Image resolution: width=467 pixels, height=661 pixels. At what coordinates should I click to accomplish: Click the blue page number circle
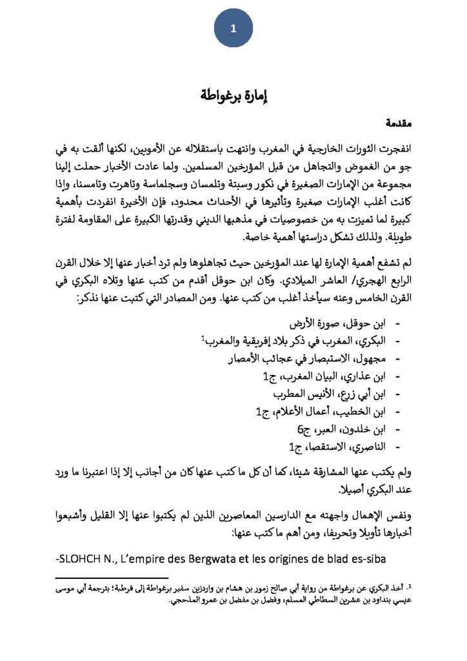point(233,29)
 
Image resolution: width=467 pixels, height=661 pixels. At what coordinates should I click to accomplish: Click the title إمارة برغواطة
point(234,96)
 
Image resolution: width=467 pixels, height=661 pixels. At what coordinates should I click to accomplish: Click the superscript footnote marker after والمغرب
point(202,336)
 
